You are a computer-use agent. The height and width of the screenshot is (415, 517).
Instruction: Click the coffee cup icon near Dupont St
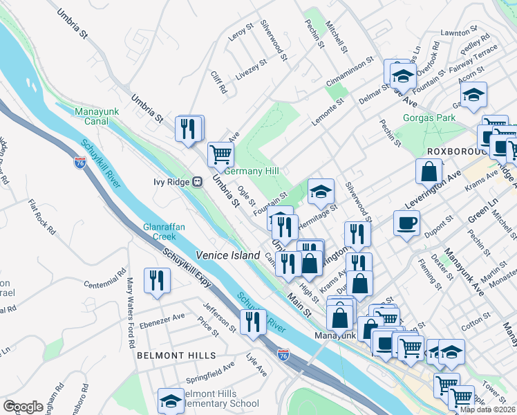(406, 223)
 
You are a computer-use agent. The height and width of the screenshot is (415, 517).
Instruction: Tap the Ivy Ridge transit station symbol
(197, 182)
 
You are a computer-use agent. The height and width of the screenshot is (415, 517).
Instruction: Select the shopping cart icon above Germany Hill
(220, 154)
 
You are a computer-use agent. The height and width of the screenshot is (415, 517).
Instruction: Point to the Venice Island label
(227, 255)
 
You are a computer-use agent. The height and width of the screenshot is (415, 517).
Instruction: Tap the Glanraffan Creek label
(159, 231)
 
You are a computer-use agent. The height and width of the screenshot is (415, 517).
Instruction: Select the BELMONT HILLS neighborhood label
(176, 356)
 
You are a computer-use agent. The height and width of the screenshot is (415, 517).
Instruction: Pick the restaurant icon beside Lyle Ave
(253, 322)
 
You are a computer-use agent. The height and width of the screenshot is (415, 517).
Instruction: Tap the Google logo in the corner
(23, 407)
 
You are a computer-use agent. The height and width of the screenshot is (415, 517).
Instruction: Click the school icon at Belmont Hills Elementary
(170, 400)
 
